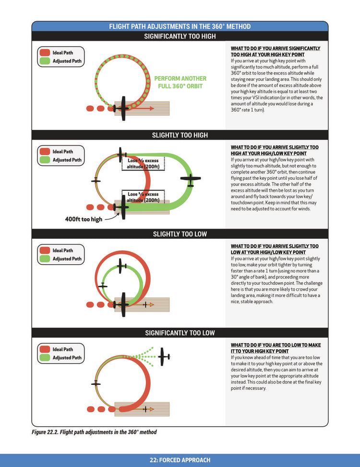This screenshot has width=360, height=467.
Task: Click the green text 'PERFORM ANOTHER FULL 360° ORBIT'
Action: [180, 82]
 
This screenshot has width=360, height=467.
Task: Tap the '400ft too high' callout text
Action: [84, 220]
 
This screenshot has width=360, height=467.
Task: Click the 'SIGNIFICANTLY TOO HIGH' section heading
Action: [180, 36]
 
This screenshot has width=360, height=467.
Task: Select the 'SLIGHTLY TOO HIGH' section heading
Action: [180, 135]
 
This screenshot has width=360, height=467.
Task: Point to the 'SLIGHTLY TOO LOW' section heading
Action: [180, 234]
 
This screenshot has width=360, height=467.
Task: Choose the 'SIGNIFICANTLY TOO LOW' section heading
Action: [180, 333]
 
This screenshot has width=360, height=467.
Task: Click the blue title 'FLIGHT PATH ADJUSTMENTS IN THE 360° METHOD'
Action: [180, 26]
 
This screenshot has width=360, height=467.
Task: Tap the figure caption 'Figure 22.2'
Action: [94, 432]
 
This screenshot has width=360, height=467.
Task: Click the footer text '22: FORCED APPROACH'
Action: [180, 460]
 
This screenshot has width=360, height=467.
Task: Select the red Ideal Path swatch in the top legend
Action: [45, 53]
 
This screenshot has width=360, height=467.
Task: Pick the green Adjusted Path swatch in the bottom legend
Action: [45, 357]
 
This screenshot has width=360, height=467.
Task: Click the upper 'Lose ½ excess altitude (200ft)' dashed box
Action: [143, 163]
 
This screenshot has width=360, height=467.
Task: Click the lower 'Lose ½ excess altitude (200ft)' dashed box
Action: [143, 197]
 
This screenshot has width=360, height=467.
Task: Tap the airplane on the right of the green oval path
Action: [191, 180]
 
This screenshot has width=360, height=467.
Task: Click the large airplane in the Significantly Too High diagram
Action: [123, 109]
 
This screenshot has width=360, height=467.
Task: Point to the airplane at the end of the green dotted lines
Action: [164, 356]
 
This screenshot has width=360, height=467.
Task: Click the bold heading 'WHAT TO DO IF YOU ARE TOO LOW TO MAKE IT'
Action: [276, 348]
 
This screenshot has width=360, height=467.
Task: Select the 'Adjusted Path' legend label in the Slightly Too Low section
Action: [67, 258]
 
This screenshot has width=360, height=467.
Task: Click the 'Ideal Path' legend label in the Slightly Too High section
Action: [63, 151]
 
